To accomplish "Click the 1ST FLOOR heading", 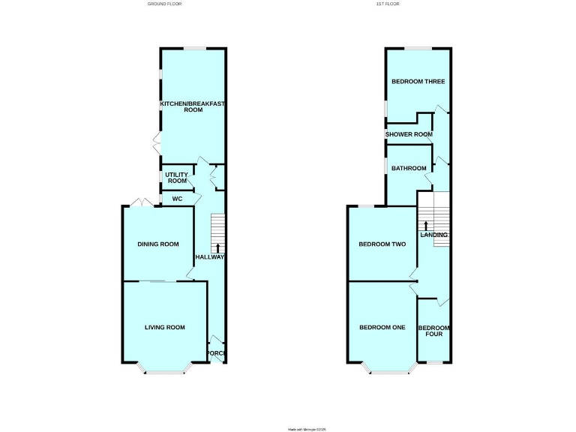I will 386,4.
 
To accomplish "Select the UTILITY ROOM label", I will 177,178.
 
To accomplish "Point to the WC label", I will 177,199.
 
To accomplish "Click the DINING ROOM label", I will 158,244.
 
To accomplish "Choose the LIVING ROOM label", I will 164,327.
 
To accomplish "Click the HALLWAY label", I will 210,257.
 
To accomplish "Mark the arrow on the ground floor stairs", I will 217,247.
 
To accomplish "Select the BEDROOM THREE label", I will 418,81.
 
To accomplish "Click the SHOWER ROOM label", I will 409,134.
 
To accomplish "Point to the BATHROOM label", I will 409,168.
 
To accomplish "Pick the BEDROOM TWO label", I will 382,244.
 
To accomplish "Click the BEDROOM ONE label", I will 382,327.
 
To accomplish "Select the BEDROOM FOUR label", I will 434,331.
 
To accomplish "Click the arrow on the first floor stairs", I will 426,225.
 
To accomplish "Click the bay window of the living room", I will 164,370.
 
